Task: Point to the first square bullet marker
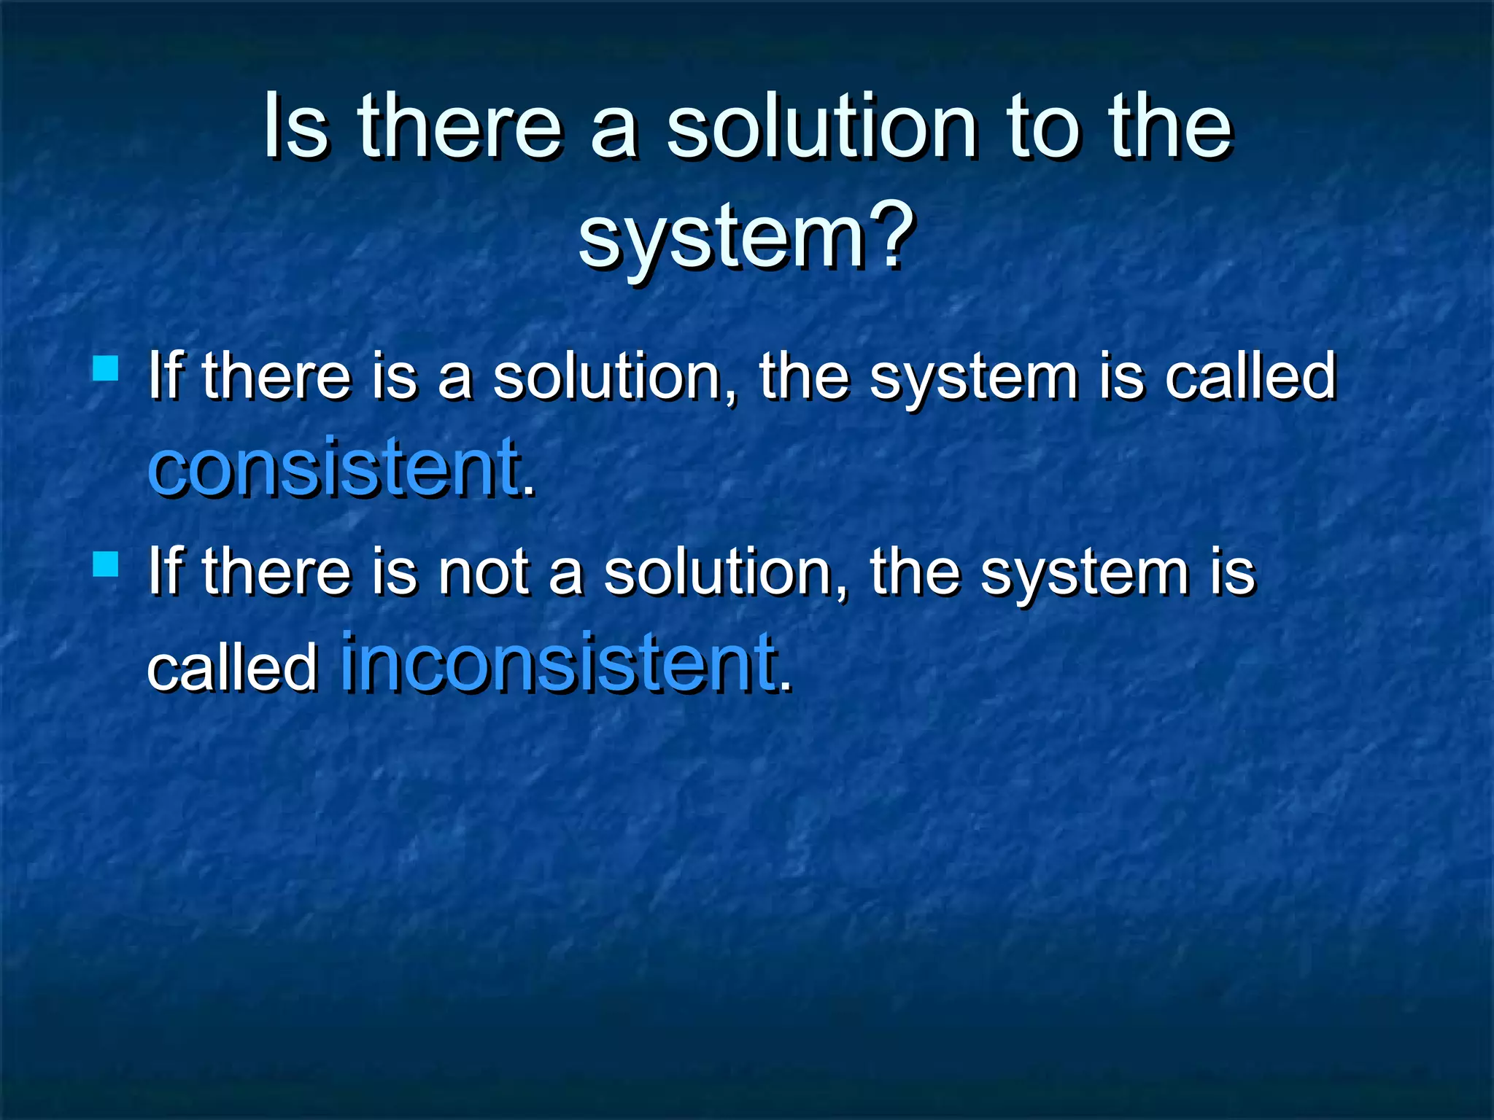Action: pyautogui.click(x=106, y=368)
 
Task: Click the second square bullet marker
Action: pyautogui.click(x=106, y=564)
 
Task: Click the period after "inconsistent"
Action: pyautogui.click(x=785, y=685)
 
